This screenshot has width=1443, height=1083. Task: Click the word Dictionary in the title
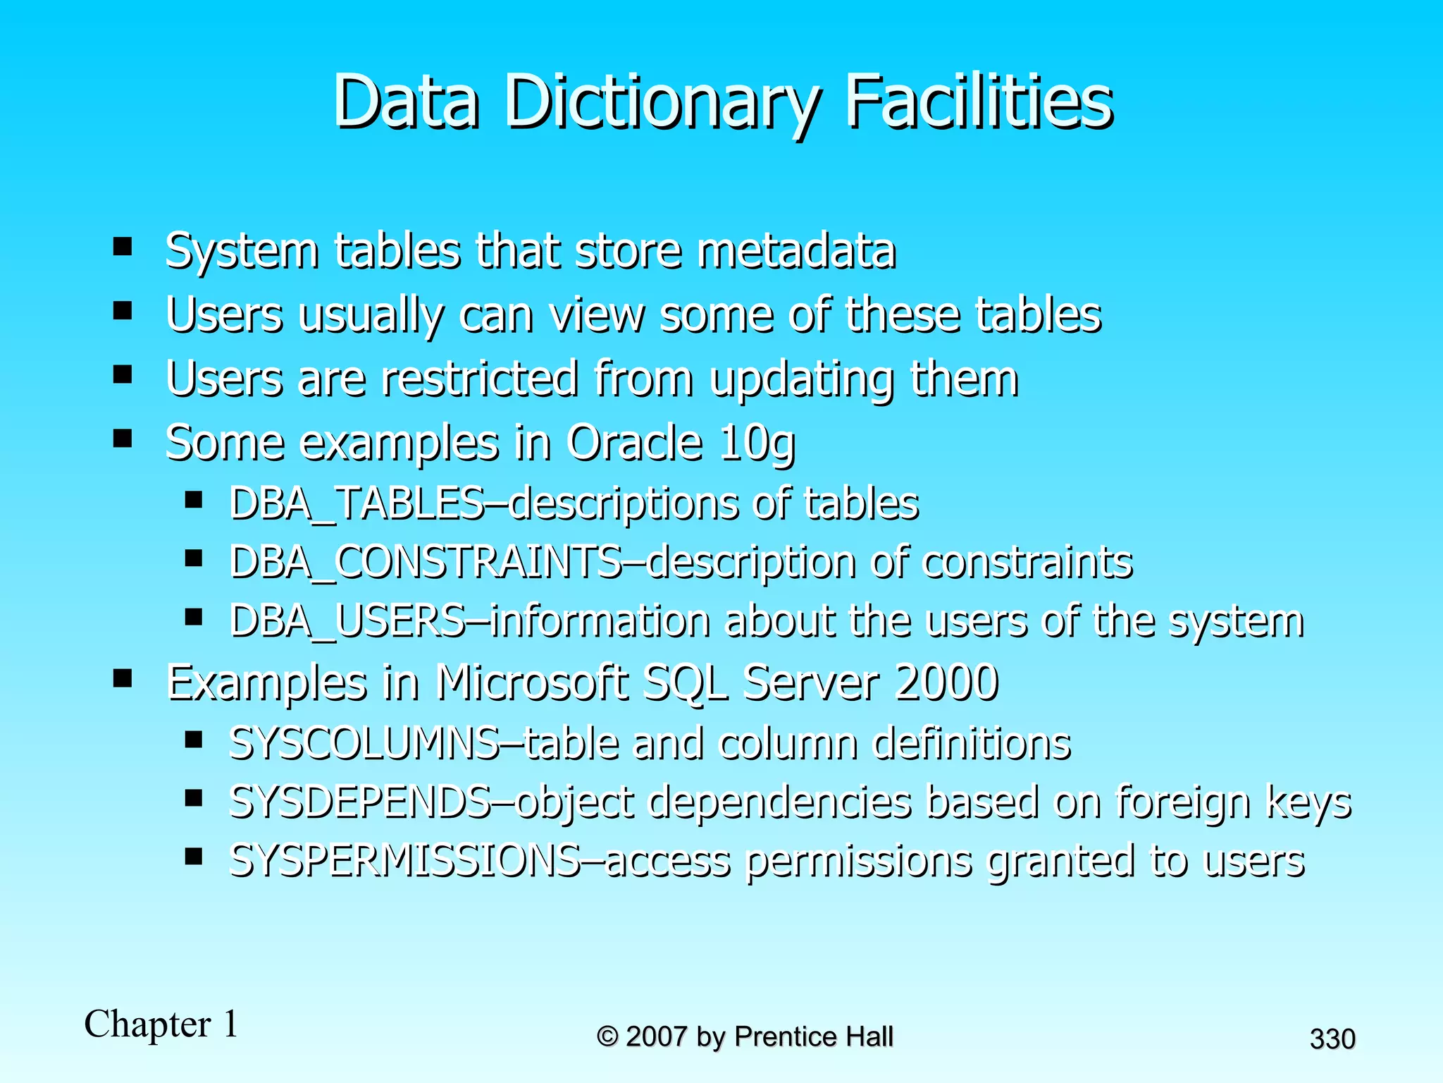[662, 104]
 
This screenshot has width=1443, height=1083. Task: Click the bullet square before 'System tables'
[123, 247]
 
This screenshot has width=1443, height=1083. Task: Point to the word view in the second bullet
[597, 314]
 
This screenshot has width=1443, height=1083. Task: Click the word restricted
[480, 379]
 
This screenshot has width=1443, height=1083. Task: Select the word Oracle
[635, 442]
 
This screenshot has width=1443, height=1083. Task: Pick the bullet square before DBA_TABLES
[194, 501]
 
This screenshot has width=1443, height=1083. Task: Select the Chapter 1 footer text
[161, 1024]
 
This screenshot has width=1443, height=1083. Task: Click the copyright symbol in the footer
[607, 1036]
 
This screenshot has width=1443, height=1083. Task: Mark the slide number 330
[1332, 1039]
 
